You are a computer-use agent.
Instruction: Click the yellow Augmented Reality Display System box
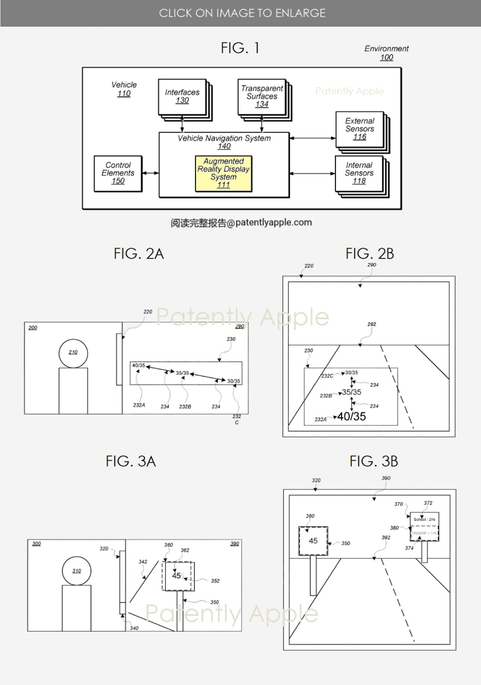click(223, 173)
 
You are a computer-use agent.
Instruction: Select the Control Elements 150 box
click(118, 173)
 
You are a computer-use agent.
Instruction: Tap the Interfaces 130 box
click(182, 96)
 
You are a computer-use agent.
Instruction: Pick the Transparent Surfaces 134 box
click(262, 96)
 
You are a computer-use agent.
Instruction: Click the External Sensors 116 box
click(360, 129)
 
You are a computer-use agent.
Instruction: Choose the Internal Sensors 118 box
click(359, 173)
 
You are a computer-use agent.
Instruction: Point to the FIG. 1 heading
click(240, 48)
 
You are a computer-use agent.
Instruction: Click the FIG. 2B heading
click(369, 254)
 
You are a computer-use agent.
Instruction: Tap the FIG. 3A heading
click(130, 461)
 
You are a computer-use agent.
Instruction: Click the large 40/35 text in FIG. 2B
click(351, 416)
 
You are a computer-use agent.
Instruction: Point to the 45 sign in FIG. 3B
click(313, 541)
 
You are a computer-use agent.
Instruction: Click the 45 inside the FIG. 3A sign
click(176, 576)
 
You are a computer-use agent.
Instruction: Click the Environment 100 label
click(387, 53)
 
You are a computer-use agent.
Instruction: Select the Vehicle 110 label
click(124, 89)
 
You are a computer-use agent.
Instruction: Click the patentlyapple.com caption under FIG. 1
click(241, 223)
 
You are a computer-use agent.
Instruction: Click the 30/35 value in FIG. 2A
click(234, 381)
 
